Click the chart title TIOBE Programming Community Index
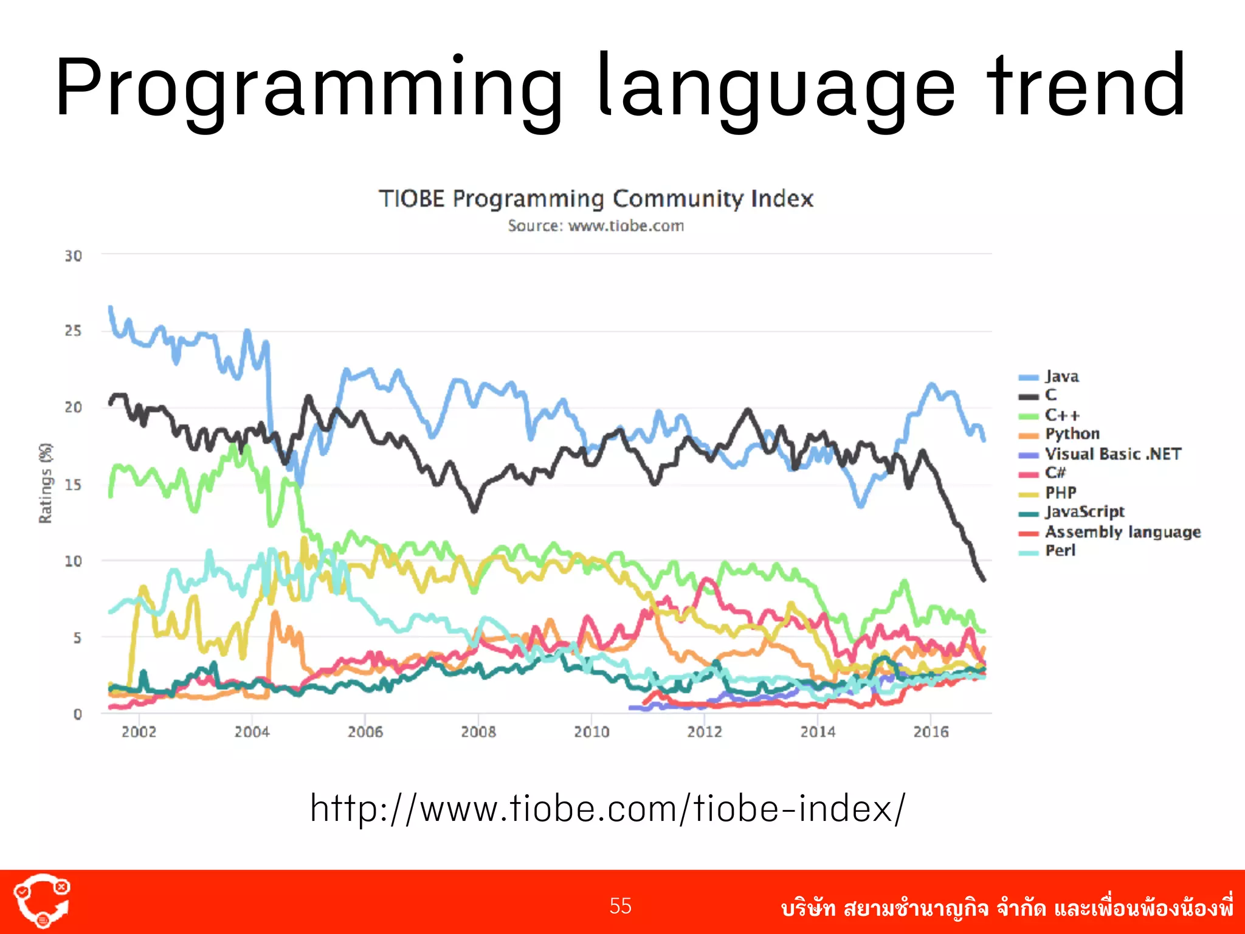(596, 199)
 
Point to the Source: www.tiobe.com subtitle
(596, 226)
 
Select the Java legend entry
(1061, 376)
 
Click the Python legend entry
(1072, 434)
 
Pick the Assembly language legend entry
(1122, 532)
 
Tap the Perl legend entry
(1060, 551)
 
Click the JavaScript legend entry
(1085, 512)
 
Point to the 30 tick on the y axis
(74, 256)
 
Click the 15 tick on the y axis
(74, 485)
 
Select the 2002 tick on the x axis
(139, 732)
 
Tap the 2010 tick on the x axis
(591, 732)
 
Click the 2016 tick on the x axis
(931, 732)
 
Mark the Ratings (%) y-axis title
(46, 483)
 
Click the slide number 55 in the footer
(621, 906)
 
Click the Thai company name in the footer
(1007, 908)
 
